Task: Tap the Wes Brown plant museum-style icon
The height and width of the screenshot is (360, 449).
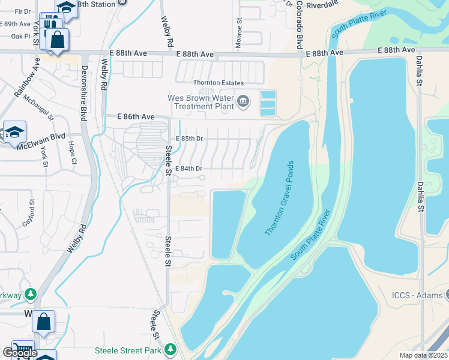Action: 243,100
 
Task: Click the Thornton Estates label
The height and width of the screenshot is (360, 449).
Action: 218,83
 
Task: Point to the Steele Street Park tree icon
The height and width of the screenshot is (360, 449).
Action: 170,349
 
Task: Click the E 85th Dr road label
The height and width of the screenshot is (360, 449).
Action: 190,139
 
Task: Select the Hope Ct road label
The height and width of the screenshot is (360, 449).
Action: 72,152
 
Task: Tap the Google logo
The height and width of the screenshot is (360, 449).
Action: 20,353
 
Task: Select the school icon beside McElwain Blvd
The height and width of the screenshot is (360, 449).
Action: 14,133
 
